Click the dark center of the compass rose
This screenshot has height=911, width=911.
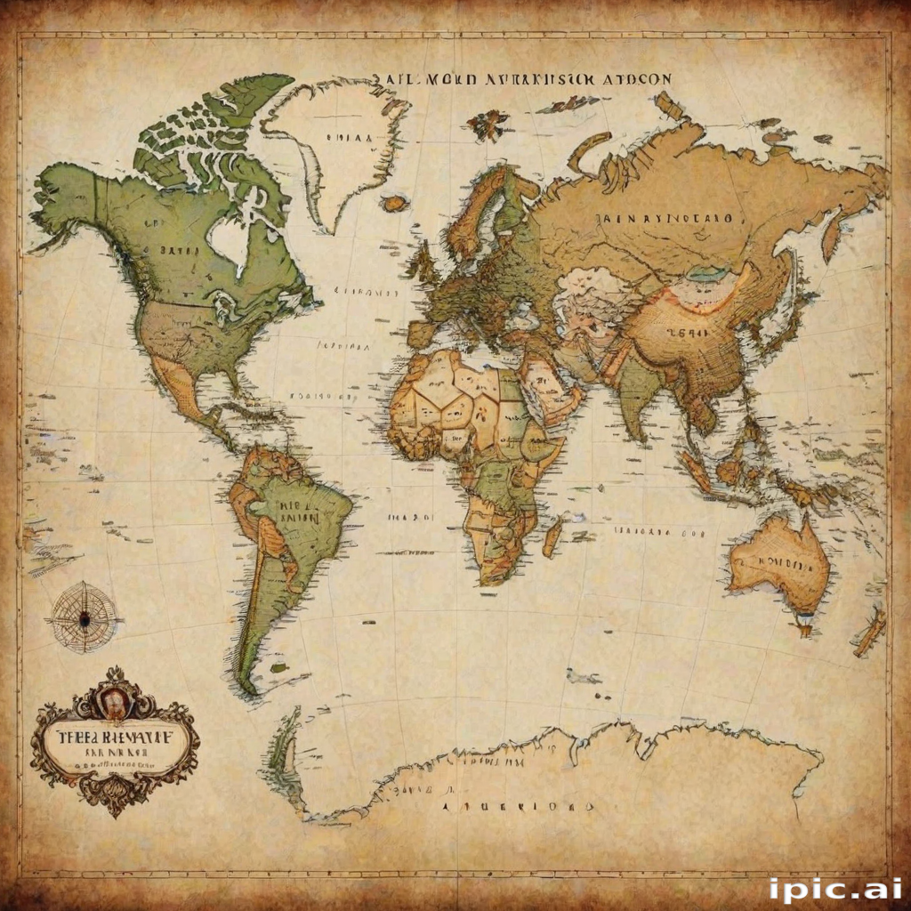point(84,617)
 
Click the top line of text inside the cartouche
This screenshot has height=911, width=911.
point(114,738)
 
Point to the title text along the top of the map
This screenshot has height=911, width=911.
point(521,78)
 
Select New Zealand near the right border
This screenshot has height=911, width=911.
point(870,630)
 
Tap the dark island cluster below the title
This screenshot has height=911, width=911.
point(488,125)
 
